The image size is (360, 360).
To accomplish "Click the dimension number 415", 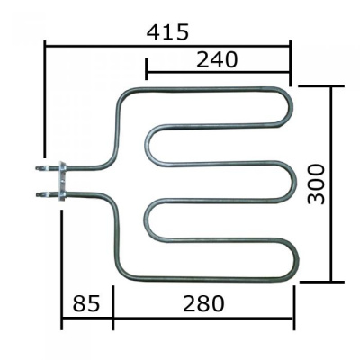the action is coord(167,32).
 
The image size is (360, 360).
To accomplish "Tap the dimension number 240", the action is coord(217,59).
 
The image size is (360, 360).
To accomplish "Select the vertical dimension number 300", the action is coord(317,184).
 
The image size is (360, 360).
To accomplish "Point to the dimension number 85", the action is coord(85,303).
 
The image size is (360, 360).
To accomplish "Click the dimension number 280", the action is coord(203,303).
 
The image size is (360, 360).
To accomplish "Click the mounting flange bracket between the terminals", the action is coord(62,181).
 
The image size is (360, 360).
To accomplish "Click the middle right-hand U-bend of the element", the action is coord(292,181).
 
